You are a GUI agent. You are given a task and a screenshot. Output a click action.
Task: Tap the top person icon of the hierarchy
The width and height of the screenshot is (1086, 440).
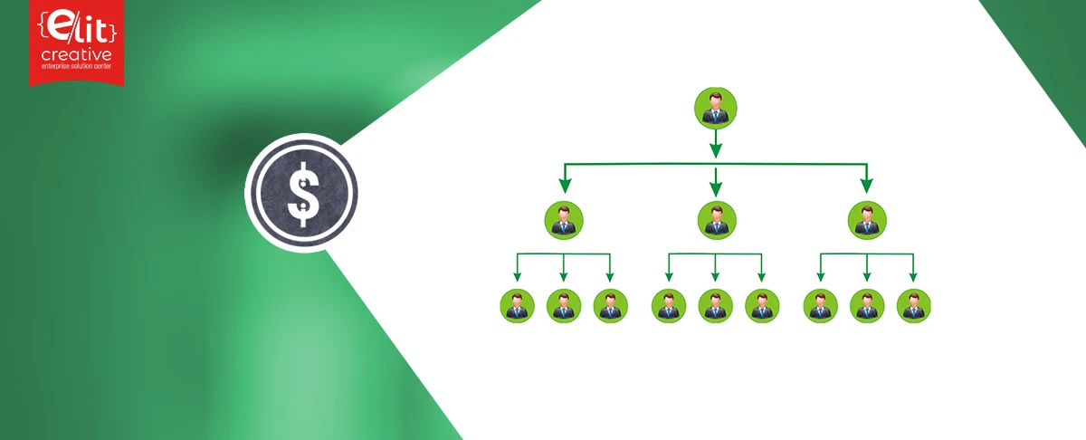[x=716, y=108]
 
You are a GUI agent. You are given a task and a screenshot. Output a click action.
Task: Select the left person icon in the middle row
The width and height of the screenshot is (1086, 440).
[x=564, y=220]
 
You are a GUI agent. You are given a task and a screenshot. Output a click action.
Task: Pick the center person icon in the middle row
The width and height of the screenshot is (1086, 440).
[x=717, y=220]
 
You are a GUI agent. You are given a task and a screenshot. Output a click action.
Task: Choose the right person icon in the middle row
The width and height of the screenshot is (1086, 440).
[x=867, y=220]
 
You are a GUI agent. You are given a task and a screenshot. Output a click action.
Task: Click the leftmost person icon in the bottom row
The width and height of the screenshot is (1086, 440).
[x=518, y=306]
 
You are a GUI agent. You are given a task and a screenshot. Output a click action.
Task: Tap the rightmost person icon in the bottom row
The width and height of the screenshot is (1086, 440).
[x=913, y=306]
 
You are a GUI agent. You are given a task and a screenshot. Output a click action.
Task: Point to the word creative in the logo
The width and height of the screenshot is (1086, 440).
[x=77, y=54]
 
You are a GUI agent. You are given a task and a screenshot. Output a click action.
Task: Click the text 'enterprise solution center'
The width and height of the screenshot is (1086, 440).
[x=77, y=66]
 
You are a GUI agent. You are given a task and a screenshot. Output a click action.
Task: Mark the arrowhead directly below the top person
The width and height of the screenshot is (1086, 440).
[x=716, y=150]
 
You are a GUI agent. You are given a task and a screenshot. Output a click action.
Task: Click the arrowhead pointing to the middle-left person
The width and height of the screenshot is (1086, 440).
[x=565, y=186]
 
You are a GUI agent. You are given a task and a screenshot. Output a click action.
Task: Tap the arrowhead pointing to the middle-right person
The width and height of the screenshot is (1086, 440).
[x=867, y=186]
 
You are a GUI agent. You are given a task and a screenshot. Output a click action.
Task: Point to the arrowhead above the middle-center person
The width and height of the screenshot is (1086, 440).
[x=716, y=188]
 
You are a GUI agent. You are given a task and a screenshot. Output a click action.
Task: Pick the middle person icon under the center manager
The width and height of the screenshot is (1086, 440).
[x=716, y=306]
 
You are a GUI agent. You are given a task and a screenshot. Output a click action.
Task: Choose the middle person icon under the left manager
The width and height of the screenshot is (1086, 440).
[x=564, y=306]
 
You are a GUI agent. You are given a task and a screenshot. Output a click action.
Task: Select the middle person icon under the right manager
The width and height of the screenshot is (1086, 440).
[x=867, y=306]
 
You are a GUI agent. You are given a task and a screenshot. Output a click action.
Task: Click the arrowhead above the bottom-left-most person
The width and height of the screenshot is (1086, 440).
[x=518, y=277]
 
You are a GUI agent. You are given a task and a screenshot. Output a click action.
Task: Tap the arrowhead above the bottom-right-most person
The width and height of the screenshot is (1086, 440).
[x=913, y=277]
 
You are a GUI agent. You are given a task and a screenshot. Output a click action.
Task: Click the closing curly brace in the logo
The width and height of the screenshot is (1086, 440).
[x=112, y=31]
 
